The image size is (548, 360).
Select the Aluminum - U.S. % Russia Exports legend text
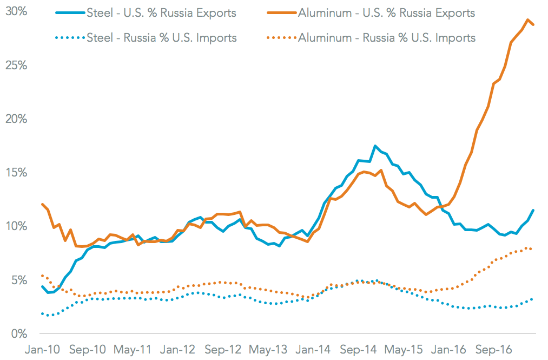tap(386, 13)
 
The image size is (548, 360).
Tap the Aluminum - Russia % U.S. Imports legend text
tap(386, 37)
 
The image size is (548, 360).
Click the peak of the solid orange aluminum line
tap(527, 20)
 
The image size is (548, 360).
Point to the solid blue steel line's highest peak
tap(375, 146)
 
